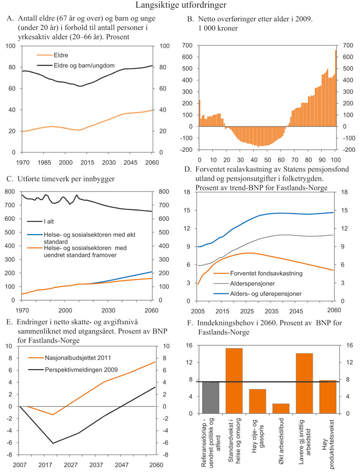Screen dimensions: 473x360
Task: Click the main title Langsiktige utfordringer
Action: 180,6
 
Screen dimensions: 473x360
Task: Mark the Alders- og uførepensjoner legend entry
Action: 265,293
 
